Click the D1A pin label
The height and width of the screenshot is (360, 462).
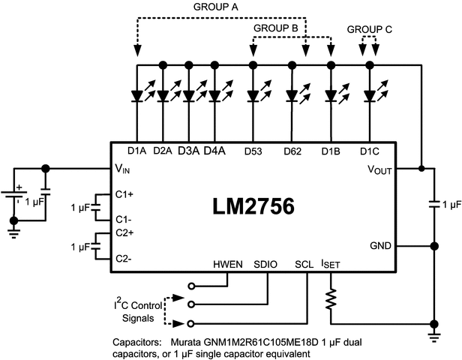[x=136, y=151]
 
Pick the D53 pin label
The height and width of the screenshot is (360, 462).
[x=253, y=151]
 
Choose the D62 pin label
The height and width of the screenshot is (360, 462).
[x=292, y=151]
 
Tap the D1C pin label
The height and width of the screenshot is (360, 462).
[x=370, y=151]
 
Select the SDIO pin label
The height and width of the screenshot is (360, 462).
[x=267, y=265]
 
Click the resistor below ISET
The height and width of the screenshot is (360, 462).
[x=330, y=301]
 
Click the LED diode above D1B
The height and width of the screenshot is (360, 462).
[x=331, y=95]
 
